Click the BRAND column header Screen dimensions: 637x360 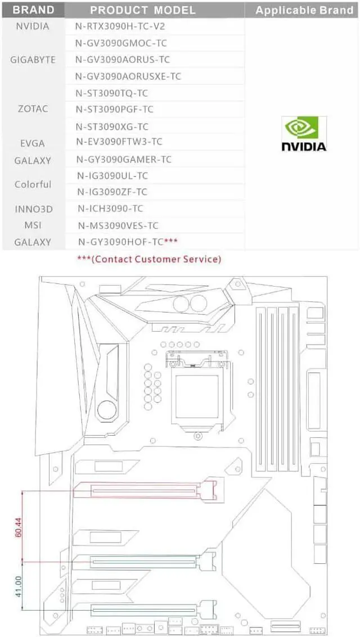tap(33, 10)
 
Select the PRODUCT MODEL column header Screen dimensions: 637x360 tap(143, 10)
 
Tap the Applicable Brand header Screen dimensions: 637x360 tap(304, 10)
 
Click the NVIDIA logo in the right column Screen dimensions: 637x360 tap(304, 134)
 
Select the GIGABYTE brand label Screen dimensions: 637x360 tap(33, 60)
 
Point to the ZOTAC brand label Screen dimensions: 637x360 tap(33, 109)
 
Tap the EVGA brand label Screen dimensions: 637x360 tap(32, 143)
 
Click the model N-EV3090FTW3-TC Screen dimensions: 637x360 tap(119, 142)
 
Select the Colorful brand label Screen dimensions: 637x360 tap(33, 184)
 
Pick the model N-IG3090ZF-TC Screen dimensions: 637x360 tap(113, 192)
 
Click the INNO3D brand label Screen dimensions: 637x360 tap(33, 209)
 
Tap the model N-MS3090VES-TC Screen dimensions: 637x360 tap(118, 226)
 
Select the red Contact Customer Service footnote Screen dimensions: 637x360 tap(149, 259)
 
